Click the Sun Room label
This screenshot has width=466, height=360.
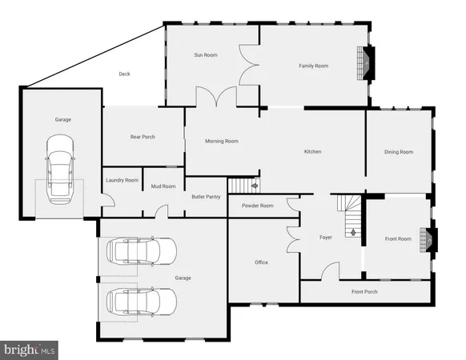pos(206,55)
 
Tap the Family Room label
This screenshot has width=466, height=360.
pos(314,66)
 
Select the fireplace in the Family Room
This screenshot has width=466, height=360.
pos(368,63)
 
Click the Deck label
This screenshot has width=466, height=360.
pos(124,74)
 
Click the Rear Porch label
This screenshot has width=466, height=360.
pos(143,137)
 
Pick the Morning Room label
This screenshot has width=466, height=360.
pos(222,142)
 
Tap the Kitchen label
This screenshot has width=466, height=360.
pos(312,152)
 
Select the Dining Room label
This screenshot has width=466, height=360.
pos(399,152)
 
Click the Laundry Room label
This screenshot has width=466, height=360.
pos(123,181)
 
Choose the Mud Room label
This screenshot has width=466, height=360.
pos(163,186)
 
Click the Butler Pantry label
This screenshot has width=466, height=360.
pos(206,196)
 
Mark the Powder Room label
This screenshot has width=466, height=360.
pos(257,206)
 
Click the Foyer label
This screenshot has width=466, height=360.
pos(326,238)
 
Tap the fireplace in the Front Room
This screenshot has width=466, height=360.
pos(432,238)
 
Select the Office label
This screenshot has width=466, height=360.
pos(262,262)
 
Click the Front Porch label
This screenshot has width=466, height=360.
pos(364,291)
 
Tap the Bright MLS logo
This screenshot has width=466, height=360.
pos(30,349)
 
